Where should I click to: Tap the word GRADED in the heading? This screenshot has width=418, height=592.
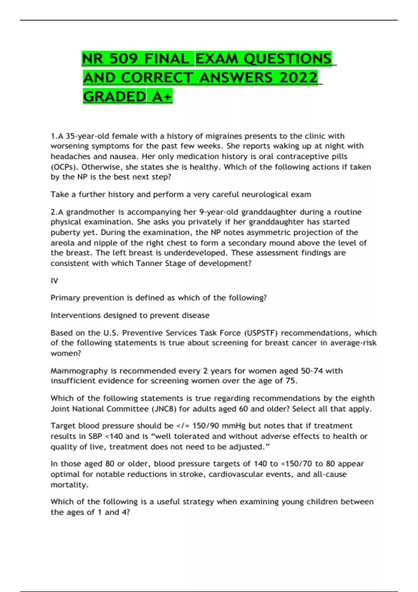click(114, 96)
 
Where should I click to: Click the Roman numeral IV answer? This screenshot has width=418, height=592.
click(54, 281)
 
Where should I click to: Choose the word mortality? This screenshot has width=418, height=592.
click(69, 484)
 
